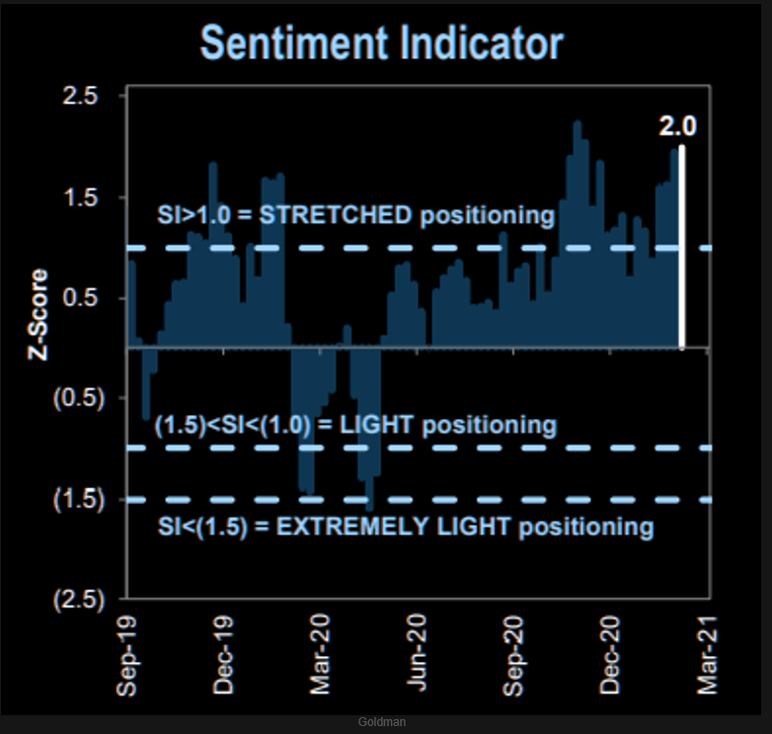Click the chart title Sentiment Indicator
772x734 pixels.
[381, 43]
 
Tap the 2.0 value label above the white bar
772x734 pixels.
[678, 125]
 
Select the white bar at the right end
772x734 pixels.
[682, 247]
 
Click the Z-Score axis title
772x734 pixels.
[37, 313]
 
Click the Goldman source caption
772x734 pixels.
[381, 722]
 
